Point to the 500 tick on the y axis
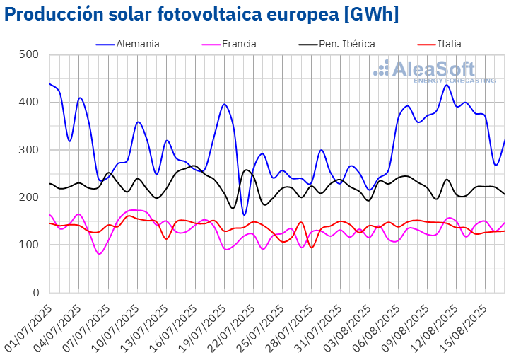[29, 54]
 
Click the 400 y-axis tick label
[29, 102]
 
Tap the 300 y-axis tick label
[29, 150]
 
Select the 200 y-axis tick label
[29, 197]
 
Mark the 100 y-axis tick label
[29, 245]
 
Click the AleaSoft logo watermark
[435, 71]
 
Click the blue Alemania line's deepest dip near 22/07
[244, 214]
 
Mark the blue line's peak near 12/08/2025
[447, 85]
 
